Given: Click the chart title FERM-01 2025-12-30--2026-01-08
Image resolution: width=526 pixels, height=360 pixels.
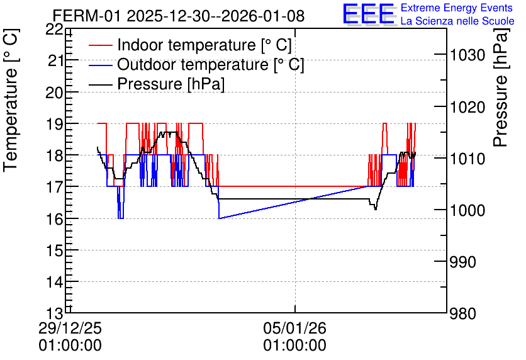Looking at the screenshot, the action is coord(179,16).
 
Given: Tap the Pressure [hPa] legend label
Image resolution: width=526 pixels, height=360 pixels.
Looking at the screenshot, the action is coord(171,84).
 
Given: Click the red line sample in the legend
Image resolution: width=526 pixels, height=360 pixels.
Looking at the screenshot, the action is coord(100,45).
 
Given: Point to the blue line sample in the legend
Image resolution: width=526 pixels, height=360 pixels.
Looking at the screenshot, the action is coord(100,65).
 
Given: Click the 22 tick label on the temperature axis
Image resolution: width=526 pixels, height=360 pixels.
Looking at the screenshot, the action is coord(54,30).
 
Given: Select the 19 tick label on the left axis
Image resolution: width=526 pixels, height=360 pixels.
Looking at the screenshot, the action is coord(54,123).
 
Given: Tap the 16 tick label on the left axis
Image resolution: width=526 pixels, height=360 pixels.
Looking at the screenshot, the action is coord(54,219).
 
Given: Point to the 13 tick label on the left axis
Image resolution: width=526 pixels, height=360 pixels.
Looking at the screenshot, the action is coord(54,313).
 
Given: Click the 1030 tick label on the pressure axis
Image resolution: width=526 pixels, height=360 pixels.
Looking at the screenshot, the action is coord(467,54).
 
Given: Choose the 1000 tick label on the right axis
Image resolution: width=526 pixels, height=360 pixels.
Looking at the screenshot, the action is coord(467,210).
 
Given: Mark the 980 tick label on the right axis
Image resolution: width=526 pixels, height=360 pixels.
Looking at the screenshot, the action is coord(463,313).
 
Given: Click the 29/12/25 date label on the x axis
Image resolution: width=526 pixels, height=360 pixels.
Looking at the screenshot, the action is coord(70,328).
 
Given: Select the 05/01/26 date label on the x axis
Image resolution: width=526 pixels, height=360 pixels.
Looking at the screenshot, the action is coord(294,328).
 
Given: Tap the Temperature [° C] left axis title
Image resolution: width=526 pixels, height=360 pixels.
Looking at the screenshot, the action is coord(11,100).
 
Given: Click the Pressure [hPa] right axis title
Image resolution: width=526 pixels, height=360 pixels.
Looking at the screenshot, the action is coord(501,87).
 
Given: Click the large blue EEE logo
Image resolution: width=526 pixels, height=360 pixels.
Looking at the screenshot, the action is coord(368,14).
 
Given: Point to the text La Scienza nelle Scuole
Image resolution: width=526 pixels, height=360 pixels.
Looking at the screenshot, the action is coord(457,21).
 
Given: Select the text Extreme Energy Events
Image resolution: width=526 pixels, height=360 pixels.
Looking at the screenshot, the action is coord(457,8).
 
